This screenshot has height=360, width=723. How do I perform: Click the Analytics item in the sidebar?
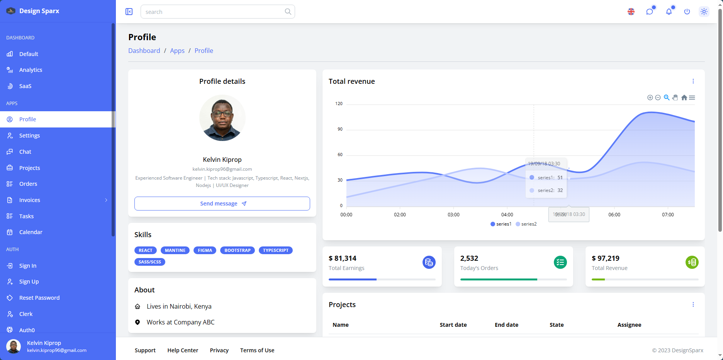[x=31, y=70]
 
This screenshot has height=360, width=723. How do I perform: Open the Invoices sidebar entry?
[x=30, y=200]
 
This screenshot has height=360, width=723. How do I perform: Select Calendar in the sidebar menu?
[x=31, y=232]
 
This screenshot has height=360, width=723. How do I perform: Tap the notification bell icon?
[x=669, y=12]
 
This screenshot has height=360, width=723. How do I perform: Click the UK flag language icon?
[x=631, y=12]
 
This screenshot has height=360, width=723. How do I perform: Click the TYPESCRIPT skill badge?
[x=276, y=250]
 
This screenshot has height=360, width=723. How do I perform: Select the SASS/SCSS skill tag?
[x=150, y=262]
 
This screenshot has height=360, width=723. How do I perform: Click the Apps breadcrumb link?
[x=177, y=51]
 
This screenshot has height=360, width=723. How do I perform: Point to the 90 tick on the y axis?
[x=340, y=129]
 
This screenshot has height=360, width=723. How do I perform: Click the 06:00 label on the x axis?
[x=614, y=215]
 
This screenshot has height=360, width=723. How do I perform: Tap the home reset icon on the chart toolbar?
[x=684, y=98]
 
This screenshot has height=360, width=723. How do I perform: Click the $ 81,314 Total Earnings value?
[x=343, y=258]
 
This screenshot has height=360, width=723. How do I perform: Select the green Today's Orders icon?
[x=560, y=262]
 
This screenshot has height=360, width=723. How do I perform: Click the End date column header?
[x=506, y=325]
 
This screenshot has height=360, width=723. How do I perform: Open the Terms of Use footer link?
[x=257, y=350]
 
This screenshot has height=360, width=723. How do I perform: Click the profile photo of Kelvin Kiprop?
[x=222, y=118]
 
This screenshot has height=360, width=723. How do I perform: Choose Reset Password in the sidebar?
[x=39, y=298]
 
